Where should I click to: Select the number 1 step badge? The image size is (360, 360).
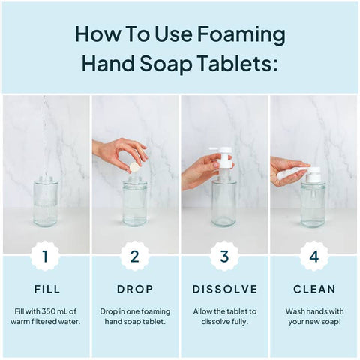[x=45, y=256]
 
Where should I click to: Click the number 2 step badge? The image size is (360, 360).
[x=135, y=256]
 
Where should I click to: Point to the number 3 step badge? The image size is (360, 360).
[x=224, y=256]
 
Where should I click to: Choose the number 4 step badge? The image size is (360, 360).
[x=314, y=256]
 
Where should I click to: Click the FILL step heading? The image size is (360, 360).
[x=45, y=289]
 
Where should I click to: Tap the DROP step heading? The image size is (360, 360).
[x=135, y=289]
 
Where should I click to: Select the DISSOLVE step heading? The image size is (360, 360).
[x=224, y=289]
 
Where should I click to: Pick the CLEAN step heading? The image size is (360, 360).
[x=314, y=289]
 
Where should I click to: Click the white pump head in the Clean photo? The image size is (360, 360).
[x=313, y=174]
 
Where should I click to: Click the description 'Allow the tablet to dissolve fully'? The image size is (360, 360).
[x=224, y=316]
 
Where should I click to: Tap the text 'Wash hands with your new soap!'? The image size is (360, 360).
[x=314, y=316]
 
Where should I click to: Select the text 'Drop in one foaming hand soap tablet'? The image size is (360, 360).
[x=135, y=316]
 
